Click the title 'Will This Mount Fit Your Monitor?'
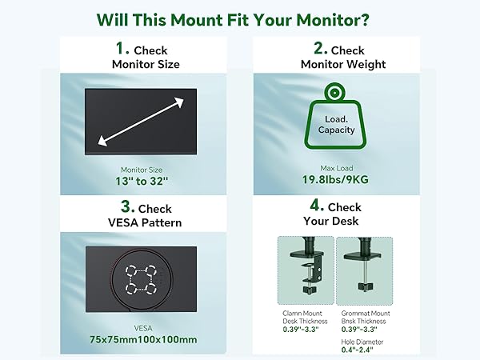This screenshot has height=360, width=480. click(x=239, y=18)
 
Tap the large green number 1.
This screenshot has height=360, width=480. click(x=122, y=49)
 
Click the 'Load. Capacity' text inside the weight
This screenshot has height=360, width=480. click(x=336, y=124)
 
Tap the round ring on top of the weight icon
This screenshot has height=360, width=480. click(x=336, y=94)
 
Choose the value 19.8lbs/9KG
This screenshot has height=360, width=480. click(x=336, y=182)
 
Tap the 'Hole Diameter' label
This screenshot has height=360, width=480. click(x=362, y=340)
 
